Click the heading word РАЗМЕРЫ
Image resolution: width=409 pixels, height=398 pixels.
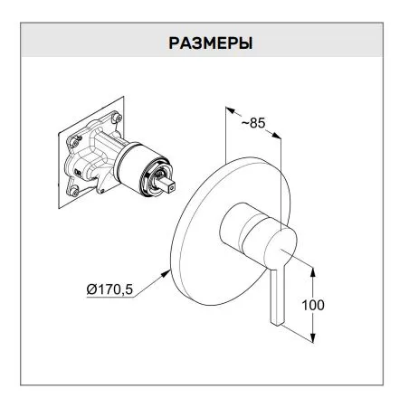(210, 43)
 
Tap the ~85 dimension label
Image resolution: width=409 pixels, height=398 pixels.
(253, 123)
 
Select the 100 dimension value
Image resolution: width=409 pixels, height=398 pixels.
(313, 305)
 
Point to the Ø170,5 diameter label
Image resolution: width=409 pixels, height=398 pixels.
(109, 289)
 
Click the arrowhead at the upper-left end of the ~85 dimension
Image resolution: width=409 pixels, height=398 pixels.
(230, 110)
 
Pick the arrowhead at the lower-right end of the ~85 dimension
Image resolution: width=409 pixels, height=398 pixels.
(276, 136)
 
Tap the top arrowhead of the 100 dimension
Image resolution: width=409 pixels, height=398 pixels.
(313, 272)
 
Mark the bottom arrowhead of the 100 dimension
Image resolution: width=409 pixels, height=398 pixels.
(313, 337)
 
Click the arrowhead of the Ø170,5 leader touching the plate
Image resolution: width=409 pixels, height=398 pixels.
(166, 273)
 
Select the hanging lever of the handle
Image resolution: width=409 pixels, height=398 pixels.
(278, 297)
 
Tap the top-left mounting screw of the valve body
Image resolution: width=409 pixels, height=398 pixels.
(75, 141)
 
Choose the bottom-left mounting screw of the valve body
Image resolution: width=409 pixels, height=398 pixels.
(74, 191)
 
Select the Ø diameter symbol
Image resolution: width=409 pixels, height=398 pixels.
(91, 289)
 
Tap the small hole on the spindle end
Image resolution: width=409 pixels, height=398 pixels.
(172, 189)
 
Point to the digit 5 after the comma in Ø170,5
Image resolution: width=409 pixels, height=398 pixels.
(128, 289)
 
